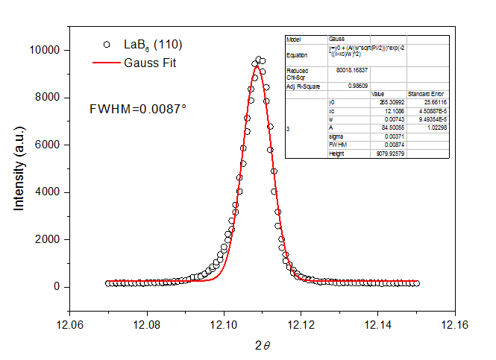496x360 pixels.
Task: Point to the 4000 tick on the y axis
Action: (x=49, y=192)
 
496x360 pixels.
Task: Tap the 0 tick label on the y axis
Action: (x=57, y=287)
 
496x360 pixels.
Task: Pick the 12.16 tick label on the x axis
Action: (x=455, y=326)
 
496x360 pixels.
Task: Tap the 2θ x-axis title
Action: (x=263, y=344)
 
